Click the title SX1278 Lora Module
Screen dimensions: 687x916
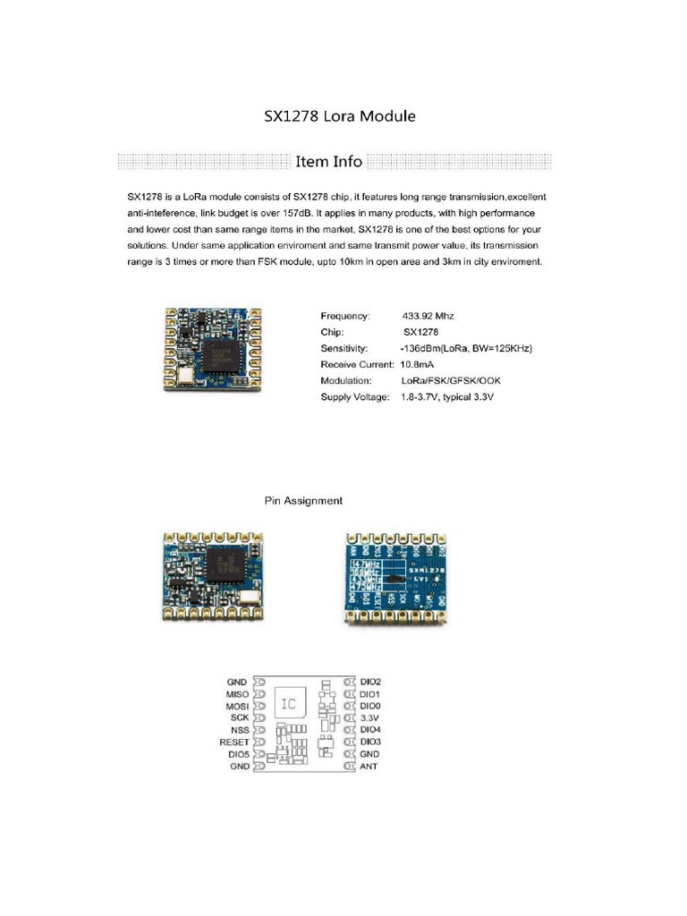(339, 116)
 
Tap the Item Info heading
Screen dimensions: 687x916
(329, 162)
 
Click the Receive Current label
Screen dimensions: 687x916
(357, 365)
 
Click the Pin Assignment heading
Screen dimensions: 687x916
(303, 501)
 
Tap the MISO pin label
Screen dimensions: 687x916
(238, 693)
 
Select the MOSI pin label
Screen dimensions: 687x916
(238, 706)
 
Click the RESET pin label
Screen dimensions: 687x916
(234, 742)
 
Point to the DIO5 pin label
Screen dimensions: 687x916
(238, 754)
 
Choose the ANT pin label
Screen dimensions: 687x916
(369, 767)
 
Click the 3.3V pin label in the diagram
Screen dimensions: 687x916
(369, 717)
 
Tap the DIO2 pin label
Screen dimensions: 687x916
(371, 681)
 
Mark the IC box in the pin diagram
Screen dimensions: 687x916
(289, 704)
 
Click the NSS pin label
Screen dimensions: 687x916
(240, 730)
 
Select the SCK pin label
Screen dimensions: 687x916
(240, 717)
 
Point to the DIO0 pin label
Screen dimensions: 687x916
(371, 706)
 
